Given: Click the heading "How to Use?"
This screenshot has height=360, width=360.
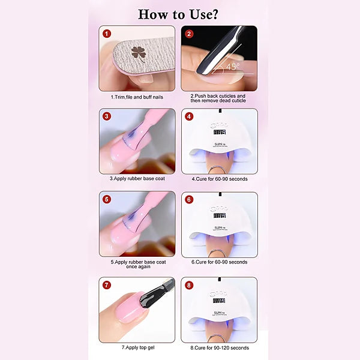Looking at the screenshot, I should [179, 13].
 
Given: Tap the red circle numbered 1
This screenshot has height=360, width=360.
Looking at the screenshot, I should [107, 34].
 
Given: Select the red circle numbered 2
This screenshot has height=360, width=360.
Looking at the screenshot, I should [189, 34].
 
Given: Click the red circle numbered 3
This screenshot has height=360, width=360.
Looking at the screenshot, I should [107, 116].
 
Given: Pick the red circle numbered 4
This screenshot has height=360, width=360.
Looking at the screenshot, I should [189, 116].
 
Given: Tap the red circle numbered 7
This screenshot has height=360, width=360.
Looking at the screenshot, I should [107, 284].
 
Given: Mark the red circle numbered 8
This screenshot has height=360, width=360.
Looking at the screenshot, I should [189, 284].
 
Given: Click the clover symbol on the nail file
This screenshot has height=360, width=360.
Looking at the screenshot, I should [139, 53].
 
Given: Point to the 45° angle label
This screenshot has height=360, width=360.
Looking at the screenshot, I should [232, 66].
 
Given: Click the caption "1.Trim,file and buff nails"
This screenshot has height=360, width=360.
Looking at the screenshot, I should [137, 97].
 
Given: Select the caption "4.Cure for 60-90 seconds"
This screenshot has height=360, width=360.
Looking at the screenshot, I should [219, 179].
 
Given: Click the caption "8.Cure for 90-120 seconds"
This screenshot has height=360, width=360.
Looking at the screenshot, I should [220, 347].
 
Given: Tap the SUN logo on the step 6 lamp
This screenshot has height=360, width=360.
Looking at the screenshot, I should [219, 227].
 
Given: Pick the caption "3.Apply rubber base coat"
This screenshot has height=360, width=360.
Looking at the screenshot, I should [137, 179].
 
